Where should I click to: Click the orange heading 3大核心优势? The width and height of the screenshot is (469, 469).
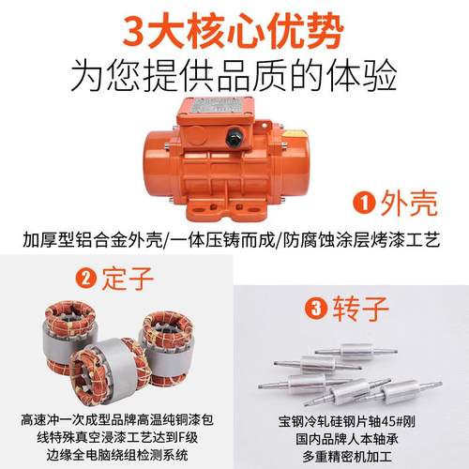[x=234, y=28]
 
